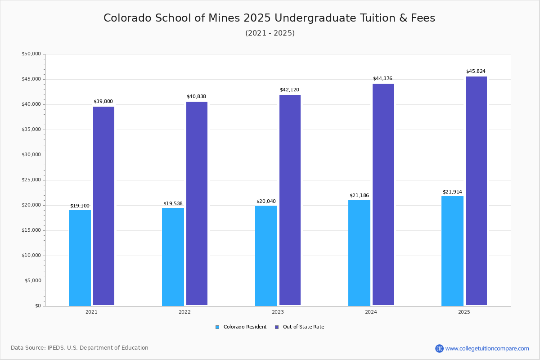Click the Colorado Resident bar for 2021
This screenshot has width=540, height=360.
click(80, 258)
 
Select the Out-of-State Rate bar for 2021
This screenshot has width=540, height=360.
click(103, 206)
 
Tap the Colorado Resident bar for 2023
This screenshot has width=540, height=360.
click(266, 256)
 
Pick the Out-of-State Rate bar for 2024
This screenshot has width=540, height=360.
click(383, 194)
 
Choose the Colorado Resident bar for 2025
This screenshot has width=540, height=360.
click(452, 251)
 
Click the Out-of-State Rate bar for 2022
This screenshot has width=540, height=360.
click(197, 203)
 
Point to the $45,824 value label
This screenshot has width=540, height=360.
click(476, 72)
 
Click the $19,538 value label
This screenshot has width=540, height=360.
click(173, 204)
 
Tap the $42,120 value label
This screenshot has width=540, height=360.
click(289, 90)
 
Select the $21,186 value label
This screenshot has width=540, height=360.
click(359, 196)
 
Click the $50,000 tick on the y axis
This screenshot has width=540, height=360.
click(31, 54)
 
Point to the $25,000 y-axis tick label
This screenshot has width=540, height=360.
click(31, 180)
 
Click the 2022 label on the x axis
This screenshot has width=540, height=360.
click(184, 312)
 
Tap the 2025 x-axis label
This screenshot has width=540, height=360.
click(464, 312)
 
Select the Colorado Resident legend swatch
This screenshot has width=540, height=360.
click(217, 327)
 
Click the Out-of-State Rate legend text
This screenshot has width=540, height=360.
click(303, 327)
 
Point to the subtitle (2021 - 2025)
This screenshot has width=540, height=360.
click(270, 33)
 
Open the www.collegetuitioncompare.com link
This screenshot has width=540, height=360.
click(487, 348)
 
